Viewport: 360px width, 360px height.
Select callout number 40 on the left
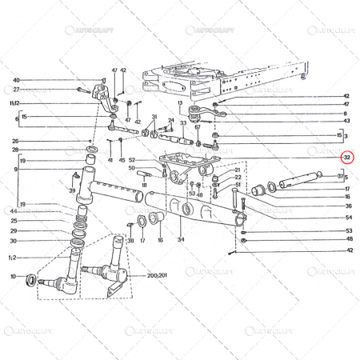(15, 81)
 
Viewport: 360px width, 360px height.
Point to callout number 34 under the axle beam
(180, 239)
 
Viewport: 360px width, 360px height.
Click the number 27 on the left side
(15, 90)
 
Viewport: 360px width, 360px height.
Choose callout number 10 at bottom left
(12, 277)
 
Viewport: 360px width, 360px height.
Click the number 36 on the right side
(347, 206)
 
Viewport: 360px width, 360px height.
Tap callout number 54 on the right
(348, 218)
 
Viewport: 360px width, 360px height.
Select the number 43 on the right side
(346, 122)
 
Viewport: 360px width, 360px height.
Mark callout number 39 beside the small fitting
(73, 190)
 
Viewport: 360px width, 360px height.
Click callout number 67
(197, 127)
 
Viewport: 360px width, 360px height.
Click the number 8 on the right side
(345, 114)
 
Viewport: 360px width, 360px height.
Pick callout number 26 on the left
(15, 141)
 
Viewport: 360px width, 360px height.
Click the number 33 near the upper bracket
(183, 123)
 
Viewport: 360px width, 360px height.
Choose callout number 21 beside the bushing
(237, 170)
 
